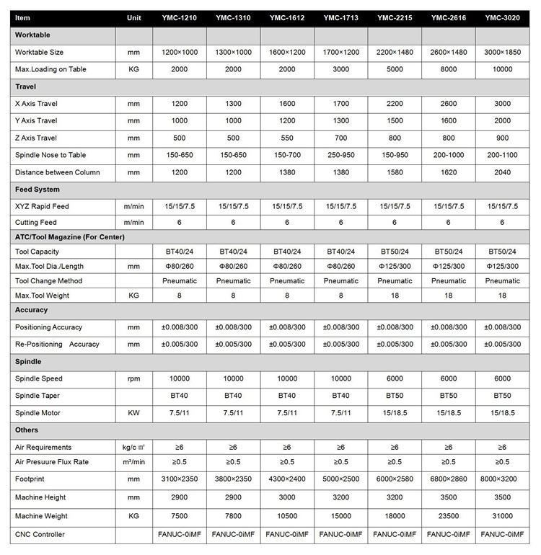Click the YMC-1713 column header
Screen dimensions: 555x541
340,17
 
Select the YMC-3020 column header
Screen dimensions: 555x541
502,17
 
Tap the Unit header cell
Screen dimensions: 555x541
133,17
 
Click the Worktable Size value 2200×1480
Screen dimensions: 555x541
395,52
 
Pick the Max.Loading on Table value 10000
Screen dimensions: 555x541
502,69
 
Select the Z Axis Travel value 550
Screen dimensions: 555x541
286,138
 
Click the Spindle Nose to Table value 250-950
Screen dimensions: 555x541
340,156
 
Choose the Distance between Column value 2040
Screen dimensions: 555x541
502,173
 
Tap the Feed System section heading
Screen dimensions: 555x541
38,190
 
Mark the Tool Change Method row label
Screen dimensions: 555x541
48,280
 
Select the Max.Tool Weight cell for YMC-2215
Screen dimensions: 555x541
395,295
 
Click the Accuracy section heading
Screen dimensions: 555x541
32,310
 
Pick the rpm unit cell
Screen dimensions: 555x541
133,378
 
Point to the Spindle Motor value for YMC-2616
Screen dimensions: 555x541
449,413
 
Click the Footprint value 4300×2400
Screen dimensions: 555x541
286,478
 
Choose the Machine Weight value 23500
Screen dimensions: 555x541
449,516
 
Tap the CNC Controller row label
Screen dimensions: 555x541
40,534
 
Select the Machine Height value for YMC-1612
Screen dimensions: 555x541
286,497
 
